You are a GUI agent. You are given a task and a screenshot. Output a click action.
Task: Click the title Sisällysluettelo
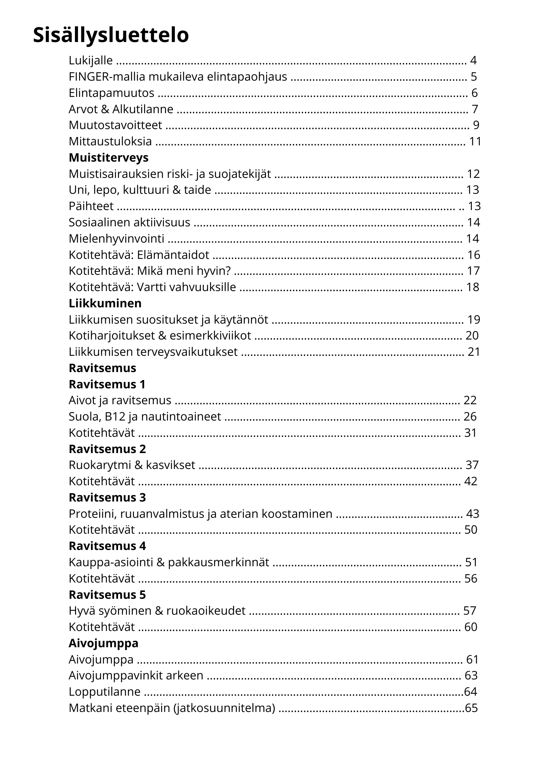click(111, 36)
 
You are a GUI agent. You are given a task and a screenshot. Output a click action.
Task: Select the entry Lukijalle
click(91, 61)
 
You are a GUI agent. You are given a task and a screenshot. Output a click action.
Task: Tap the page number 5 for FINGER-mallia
click(474, 77)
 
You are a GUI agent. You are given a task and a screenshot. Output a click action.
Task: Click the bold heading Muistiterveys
click(109, 157)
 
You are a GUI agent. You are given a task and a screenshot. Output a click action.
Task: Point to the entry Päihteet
click(91, 206)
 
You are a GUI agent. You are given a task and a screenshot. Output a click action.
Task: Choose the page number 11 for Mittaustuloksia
click(475, 142)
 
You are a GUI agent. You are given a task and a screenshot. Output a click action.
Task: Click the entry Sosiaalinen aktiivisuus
click(129, 223)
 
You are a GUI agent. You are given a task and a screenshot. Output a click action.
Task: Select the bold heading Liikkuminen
click(105, 304)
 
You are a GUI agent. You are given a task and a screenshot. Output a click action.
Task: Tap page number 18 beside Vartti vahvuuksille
click(473, 287)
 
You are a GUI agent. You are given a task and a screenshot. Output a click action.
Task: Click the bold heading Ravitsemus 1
click(107, 385)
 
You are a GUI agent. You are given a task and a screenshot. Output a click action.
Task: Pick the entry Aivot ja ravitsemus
click(120, 400)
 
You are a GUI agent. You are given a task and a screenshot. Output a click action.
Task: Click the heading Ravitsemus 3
click(107, 498)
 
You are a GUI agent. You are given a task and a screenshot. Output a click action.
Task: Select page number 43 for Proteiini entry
click(473, 514)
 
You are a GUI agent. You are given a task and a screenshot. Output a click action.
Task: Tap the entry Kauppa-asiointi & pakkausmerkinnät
click(169, 562)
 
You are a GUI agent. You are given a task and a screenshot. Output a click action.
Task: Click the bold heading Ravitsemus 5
click(107, 595)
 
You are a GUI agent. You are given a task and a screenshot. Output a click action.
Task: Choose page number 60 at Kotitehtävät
click(471, 627)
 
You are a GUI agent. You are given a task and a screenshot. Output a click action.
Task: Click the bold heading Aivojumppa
click(103, 643)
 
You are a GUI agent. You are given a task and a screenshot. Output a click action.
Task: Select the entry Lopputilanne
click(104, 692)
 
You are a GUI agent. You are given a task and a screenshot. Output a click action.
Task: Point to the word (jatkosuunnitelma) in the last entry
click(224, 708)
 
